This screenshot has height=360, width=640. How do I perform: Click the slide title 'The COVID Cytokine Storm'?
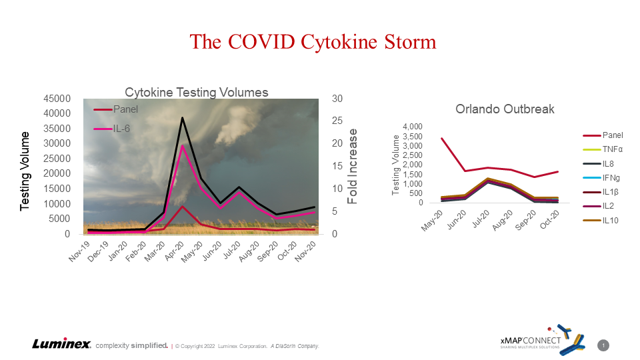(313, 42)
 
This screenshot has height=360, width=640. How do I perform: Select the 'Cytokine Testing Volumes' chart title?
(197, 92)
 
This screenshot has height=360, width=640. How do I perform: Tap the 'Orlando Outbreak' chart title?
(505, 109)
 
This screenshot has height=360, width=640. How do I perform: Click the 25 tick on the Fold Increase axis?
(339, 121)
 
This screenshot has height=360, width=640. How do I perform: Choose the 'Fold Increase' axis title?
(353, 170)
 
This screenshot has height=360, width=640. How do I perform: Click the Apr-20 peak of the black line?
(182, 118)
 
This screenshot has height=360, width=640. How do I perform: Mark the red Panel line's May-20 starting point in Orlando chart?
(441, 139)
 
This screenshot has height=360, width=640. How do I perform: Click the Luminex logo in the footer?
(61, 344)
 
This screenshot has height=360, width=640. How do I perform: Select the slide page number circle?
(603, 345)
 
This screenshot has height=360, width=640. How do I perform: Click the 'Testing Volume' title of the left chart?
(25, 170)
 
